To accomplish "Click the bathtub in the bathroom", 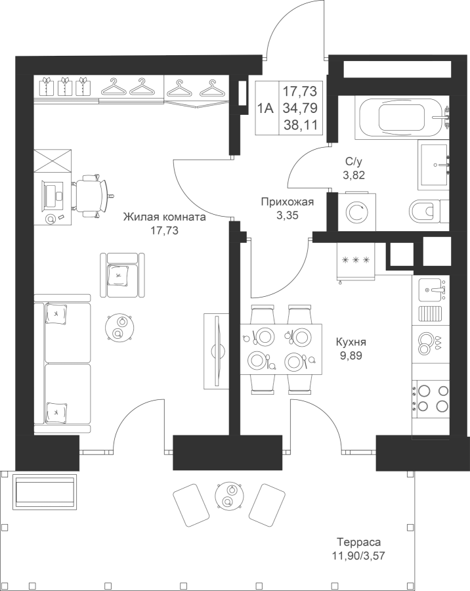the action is pos(402,117).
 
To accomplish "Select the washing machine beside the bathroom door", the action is pos(357,212).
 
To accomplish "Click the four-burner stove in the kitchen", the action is pos(431,398).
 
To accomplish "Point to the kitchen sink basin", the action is pos(431,290).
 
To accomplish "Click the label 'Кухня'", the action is pos(351,342).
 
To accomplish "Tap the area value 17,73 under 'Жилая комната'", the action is pos(164,230).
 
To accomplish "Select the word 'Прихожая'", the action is pos(288,202).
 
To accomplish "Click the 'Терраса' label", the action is pos(359,542).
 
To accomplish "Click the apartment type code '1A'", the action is pos(265,108).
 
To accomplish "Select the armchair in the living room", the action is pos(122,274).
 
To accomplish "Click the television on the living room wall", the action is pos(217,351).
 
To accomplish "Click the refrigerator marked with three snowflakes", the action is pos(356,261).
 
